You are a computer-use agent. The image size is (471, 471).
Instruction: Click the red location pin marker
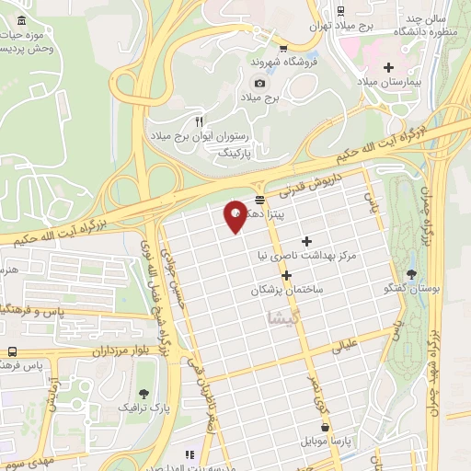[235, 216]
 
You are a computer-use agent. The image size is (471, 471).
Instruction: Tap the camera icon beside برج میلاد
[259, 83]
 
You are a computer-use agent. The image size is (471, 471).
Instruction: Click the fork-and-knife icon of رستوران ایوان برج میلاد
[199, 121]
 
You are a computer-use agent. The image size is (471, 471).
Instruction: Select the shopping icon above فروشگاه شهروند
[283, 49]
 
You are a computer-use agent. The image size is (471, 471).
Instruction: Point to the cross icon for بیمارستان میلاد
[388, 67]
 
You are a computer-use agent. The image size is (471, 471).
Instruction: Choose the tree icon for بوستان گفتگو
[410, 273]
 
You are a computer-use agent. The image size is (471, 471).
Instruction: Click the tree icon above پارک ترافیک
[143, 393]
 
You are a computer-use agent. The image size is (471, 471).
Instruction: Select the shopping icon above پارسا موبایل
[324, 426]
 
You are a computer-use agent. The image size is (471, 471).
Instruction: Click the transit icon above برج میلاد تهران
[341, 12]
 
